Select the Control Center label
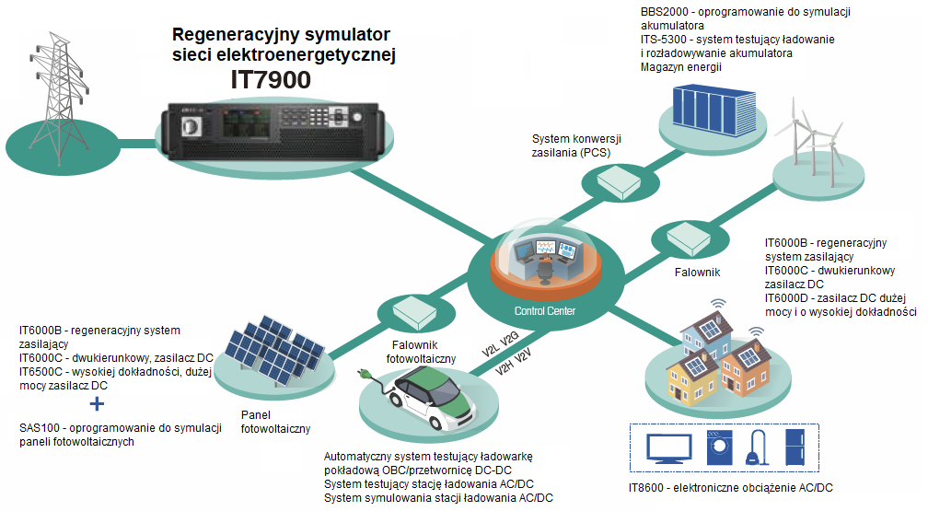click(545, 311)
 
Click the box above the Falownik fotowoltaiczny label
click(404, 311)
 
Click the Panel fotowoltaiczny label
click(275, 422)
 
